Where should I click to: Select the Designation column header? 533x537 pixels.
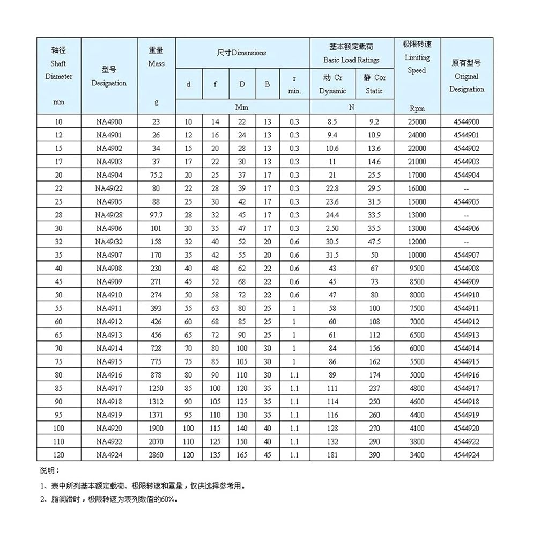point(109,76)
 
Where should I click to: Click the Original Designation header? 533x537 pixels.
point(467,76)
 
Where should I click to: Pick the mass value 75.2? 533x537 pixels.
point(156,175)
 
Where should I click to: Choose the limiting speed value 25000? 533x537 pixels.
point(417,122)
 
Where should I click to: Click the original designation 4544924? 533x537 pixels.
point(467,455)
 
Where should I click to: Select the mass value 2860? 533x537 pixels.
point(156,455)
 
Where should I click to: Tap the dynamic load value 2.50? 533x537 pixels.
point(332,228)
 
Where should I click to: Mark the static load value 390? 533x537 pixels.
point(374,455)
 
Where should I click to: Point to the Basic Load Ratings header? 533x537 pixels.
point(351,54)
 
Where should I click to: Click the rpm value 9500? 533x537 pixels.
point(417,268)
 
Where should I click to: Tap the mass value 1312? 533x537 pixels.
point(156,402)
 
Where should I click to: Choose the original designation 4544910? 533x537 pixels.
point(467,295)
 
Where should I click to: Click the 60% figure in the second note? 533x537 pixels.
point(168,499)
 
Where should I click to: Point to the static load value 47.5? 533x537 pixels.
point(374,242)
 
